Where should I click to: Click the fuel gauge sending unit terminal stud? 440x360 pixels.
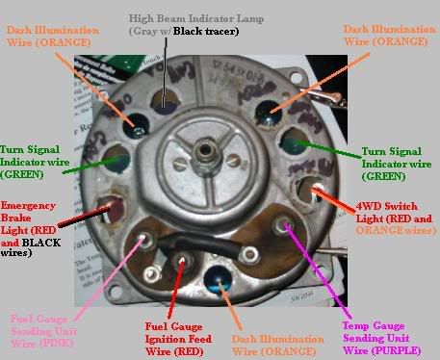[145, 234]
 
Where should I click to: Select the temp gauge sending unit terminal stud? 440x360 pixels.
[284, 227]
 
